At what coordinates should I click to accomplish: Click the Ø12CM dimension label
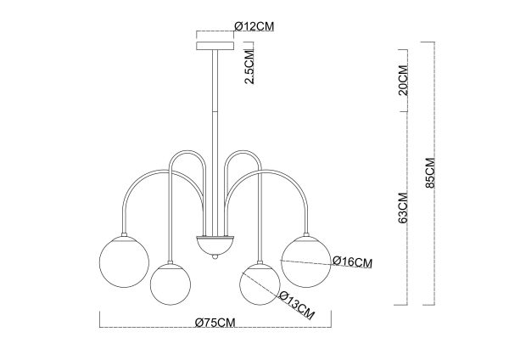255,26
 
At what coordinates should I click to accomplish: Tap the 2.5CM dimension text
249,66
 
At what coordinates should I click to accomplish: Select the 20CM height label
403,80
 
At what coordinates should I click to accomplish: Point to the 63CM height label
403,208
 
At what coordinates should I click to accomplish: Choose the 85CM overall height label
430,173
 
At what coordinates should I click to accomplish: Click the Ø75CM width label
215,323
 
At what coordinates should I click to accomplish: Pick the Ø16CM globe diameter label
353,262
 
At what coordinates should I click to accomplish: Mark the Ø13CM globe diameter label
297,305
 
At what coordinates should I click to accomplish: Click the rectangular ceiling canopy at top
215,46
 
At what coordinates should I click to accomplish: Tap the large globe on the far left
124,262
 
